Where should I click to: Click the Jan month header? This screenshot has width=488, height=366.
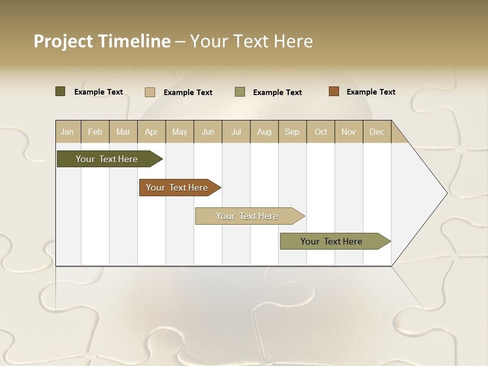pyautogui.click(x=68, y=132)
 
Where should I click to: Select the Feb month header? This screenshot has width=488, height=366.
pyautogui.click(x=95, y=132)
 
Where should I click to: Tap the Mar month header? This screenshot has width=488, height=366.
pyautogui.click(x=123, y=132)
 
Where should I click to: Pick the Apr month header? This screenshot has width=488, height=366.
pyautogui.click(x=151, y=132)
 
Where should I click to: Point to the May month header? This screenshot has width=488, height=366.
pyautogui.click(x=179, y=132)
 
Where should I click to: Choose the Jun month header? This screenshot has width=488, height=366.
pyautogui.click(x=208, y=132)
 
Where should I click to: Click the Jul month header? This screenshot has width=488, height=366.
pyautogui.click(x=236, y=132)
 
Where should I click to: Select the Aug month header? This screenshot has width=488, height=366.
pyautogui.click(x=264, y=132)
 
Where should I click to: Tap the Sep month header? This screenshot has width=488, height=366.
pyautogui.click(x=292, y=132)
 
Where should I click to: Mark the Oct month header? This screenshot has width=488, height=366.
pyautogui.click(x=321, y=132)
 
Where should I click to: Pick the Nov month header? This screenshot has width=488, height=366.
pyautogui.click(x=349, y=132)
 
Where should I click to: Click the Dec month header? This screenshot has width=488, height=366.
pyautogui.click(x=377, y=132)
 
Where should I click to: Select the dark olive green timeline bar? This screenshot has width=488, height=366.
pyautogui.click(x=107, y=159)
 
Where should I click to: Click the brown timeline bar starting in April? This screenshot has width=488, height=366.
pyautogui.click(x=177, y=188)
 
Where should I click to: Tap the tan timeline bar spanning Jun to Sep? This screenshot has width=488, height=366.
pyautogui.click(x=248, y=216)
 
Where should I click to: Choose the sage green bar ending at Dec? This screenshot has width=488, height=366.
pyautogui.click(x=332, y=241)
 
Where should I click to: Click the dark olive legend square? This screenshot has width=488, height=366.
pyautogui.click(x=60, y=91)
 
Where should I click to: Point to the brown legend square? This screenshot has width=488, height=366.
pyautogui.click(x=333, y=91)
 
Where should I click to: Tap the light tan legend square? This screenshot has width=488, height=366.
pyautogui.click(x=149, y=92)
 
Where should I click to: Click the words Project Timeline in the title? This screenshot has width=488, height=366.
pyautogui.click(x=102, y=41)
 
